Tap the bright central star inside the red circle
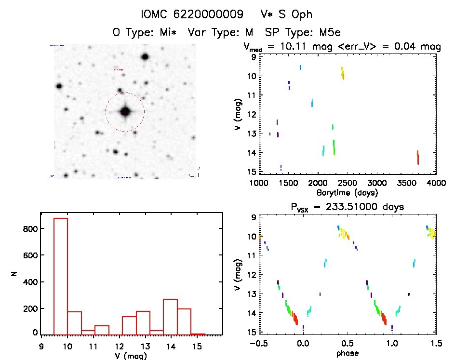tap(125, 112)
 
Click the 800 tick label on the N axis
tap(30, 229)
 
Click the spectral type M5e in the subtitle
tap(328, 33)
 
